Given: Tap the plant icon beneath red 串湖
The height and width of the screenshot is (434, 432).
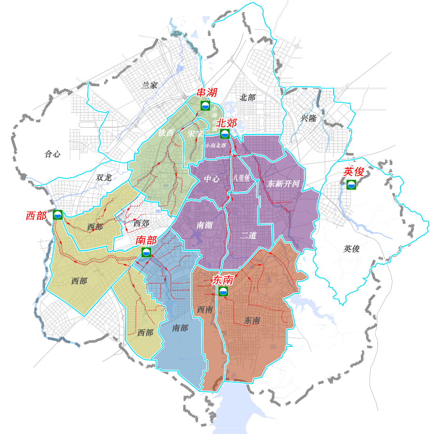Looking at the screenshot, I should pos(205,105).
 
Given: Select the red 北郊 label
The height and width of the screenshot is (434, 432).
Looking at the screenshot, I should pos(226,123).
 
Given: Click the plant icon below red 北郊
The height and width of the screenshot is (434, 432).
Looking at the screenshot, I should pos(224,134).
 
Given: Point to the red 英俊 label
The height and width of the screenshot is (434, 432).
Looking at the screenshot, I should pos(353,172).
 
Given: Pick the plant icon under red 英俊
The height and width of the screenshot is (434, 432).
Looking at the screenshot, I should pos(351,185).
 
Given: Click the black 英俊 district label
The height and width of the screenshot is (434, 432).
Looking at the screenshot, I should pos(351,248).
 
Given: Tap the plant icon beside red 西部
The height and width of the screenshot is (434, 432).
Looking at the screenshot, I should pos(58,215).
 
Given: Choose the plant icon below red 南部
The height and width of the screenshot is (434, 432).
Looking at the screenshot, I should pos(146,252).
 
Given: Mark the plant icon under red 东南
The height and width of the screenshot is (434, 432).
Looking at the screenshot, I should pos(223,292).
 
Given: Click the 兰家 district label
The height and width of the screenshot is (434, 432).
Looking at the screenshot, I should pos(150,85).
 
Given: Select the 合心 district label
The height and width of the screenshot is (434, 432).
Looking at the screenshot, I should pos(52,154).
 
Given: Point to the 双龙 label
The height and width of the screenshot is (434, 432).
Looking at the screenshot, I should pos(104,178).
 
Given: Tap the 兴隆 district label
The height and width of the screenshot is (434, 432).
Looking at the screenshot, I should pos(309,118).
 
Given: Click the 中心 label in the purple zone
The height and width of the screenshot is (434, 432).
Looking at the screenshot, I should pos(212,179).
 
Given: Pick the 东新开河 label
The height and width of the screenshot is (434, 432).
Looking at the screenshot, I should pos(284,183).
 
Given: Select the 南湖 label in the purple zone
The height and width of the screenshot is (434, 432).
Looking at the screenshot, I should pos(204,225).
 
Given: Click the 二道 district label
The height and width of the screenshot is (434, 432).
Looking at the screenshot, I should pos(248,235).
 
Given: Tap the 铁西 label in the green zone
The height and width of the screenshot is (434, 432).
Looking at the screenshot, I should pos(166,133).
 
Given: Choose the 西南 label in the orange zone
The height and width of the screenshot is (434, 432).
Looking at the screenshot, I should pos(205,310).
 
